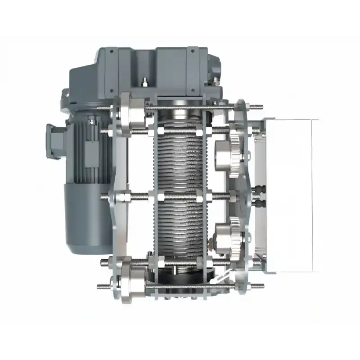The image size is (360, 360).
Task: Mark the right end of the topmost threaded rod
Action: (x=260, y=107)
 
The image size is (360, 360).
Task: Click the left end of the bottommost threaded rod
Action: (x=100, y=286)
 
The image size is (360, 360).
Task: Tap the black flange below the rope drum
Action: (x=180, y=275)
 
